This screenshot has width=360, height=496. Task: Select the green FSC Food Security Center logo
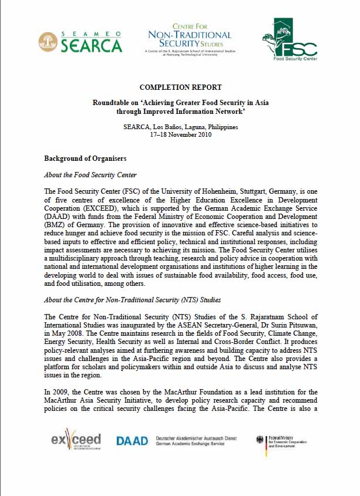tap(289, 40)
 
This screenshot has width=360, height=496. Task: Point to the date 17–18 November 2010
tap(180, 134)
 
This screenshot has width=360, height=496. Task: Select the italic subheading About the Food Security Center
tap(90, 175)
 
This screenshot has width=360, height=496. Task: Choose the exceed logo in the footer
tap(76, 441)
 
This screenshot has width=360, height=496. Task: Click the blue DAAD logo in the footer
tap(132, 441)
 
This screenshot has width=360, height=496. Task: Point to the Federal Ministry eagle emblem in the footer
tap(261, 440)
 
